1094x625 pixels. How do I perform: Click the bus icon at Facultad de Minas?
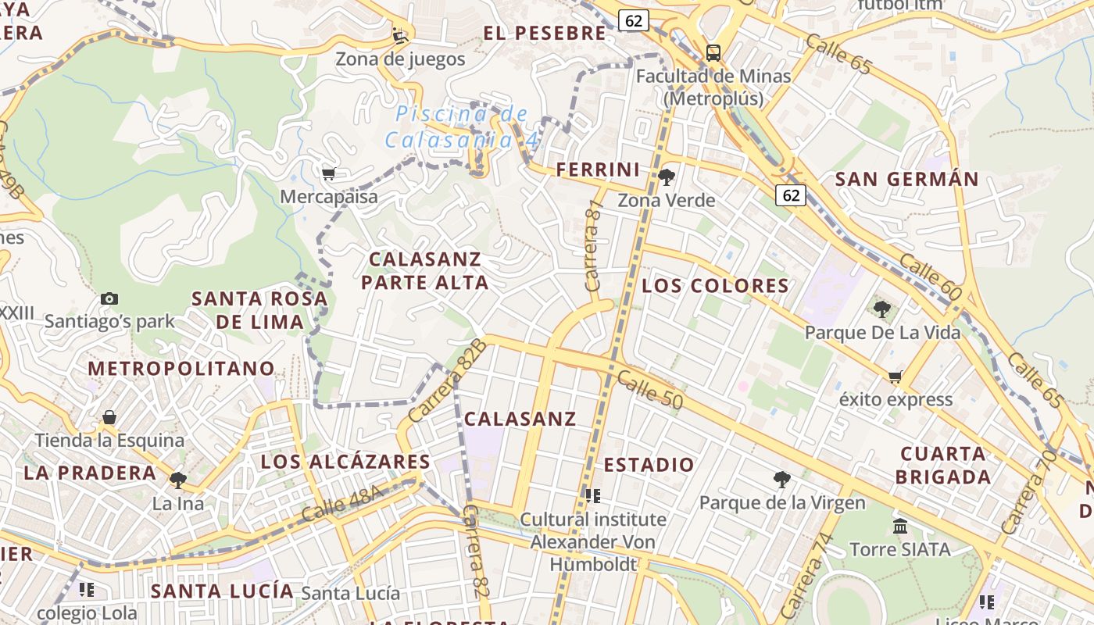[713, 52]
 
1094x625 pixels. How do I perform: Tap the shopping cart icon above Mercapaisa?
[328, 173]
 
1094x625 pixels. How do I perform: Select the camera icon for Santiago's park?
[109, 298]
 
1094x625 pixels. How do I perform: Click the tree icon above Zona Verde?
[667, 177]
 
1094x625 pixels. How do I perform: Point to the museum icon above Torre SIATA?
[900, 526]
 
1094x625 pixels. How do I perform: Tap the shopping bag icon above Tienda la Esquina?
[109, 417]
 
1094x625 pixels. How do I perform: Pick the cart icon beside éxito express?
[896, 377]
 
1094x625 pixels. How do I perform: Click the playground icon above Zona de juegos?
[400, 35]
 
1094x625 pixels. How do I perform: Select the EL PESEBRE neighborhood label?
[545, 33]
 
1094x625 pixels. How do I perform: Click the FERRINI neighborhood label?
[598, 170]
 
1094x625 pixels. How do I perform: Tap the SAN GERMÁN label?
[906, 179]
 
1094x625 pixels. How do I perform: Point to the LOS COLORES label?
[715, 285]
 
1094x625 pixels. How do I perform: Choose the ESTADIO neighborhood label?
[649, 465]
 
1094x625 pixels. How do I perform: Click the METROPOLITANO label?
[181, 368]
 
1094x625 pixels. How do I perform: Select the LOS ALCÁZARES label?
[345, 462]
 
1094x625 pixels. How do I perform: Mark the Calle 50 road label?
[649, 390]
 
